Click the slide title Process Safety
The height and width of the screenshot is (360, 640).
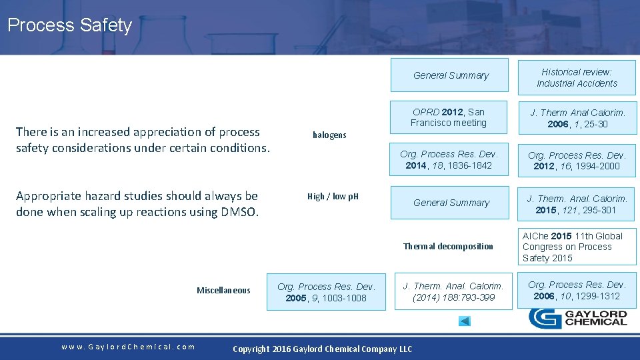click(70, 26)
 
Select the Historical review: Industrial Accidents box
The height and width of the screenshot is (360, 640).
click(577, 78)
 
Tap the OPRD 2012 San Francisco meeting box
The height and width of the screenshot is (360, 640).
click(449, 118)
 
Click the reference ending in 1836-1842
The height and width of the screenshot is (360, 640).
click(449, 160)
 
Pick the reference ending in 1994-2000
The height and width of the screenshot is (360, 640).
click(577, 161)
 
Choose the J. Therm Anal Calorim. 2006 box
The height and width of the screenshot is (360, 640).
click(577, 119)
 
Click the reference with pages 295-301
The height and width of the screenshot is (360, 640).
click(577, 204)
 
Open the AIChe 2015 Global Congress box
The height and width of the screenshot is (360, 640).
click(577, 247)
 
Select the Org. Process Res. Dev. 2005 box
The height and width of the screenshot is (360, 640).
click(326, 293)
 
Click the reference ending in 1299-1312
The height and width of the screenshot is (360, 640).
click(577, 291)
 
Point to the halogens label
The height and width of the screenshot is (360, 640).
click(329, 135)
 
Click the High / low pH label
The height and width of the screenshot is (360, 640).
click(333, 197)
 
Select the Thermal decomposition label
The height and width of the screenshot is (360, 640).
click(448, 247)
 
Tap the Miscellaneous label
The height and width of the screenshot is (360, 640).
click(223, 291)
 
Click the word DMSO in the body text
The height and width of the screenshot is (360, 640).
click(237, 212)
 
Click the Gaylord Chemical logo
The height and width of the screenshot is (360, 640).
click(578, 318)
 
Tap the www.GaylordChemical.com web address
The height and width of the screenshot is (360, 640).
click(128, 347)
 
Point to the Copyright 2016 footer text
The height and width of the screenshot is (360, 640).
click(322, 349)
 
